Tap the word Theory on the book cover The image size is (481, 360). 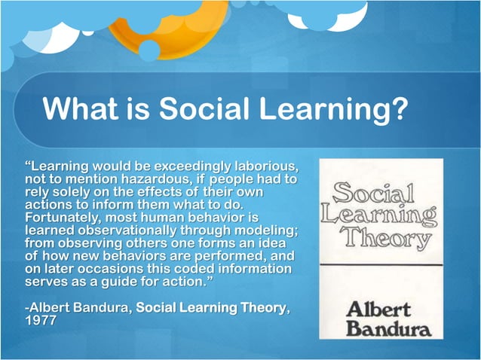click(x=379, y=239)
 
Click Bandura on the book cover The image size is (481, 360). click(x=380, y=328)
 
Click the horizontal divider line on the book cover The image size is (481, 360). click(x=380, y=264)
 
